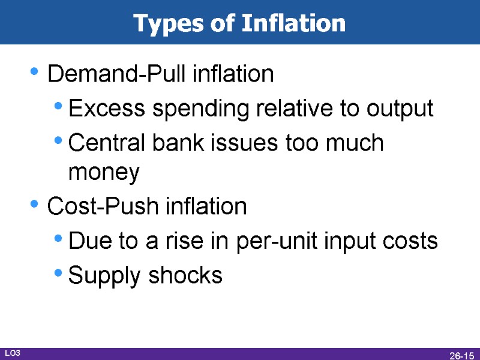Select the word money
coord(104,173)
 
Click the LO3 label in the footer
coord(13,353)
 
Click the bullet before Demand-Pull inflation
coord(35,73)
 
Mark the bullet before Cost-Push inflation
coord(35,205)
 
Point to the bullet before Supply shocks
coord(58,274)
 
